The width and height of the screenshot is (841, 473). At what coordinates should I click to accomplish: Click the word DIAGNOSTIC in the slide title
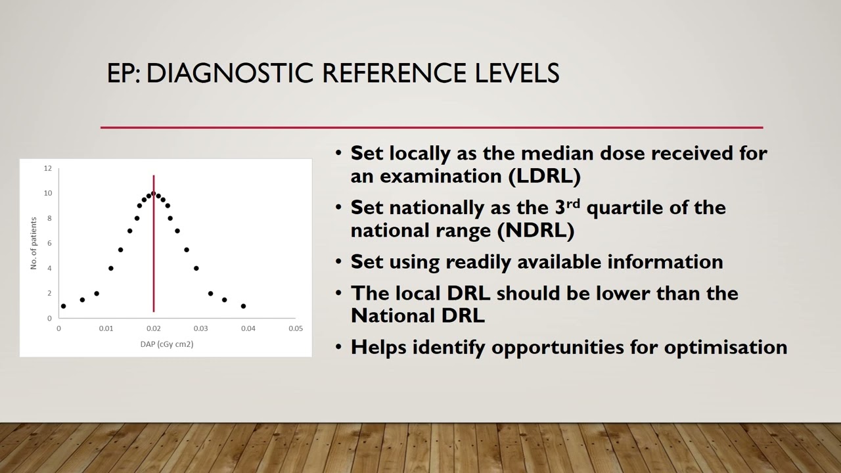(230, 73)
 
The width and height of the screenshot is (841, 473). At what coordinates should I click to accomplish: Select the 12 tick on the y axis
(48, 168)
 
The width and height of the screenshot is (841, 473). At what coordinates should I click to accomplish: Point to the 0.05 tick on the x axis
(296, 328)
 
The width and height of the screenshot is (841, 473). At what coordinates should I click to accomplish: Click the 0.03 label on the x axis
(200, 328)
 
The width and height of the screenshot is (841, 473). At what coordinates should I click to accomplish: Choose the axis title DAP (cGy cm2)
(167, 344)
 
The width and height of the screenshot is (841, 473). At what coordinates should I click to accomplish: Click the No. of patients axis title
(34, 243)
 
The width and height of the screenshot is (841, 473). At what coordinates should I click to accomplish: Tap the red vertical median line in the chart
(154, 263)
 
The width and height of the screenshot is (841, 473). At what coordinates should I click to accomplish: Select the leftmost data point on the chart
(63, 306)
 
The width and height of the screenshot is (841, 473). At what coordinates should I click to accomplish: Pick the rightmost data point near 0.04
(243, 306)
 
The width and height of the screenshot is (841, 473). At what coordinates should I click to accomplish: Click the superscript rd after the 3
(573, 203)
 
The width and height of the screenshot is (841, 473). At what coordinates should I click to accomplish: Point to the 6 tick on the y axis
(49, 243)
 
